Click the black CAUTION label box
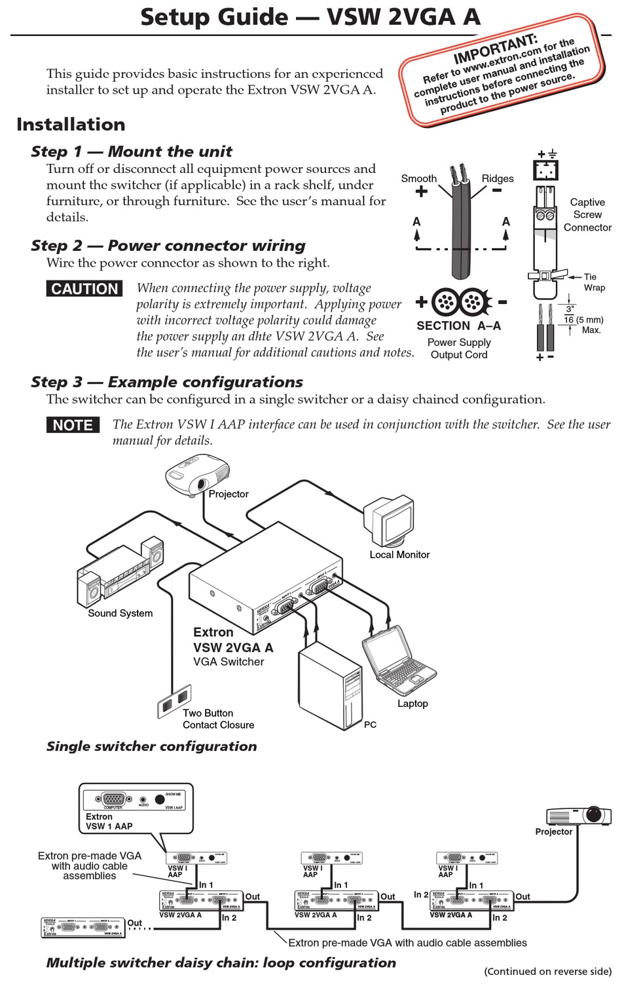tap(84, 289)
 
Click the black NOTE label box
tap(73, 425)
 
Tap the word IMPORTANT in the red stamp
tap(495, 48)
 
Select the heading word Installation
tap(71, 124)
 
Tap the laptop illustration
tap(397, 662)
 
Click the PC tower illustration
tap(330, 688)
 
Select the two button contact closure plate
tap(175, 702)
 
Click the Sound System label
tap(120, 613)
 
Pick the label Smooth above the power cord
tap(418, 178)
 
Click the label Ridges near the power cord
tap(498, 178)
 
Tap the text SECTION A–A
tap(458, 326)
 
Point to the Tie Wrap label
tap(593, 282)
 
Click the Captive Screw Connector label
tap(587, 215)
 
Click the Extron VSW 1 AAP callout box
tap(136, 808)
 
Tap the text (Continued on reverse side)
tap(547, 971)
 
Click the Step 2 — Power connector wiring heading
tap(168, 246)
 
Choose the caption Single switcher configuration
tap(151, 746)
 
